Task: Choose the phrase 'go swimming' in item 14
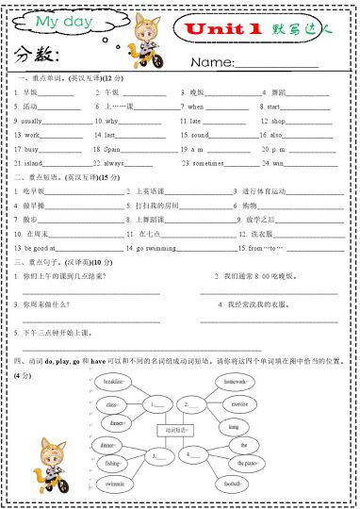click(154, 247)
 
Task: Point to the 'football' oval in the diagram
click(233, 484)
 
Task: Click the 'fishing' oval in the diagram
click(113, 464)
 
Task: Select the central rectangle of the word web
click(175, 430)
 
